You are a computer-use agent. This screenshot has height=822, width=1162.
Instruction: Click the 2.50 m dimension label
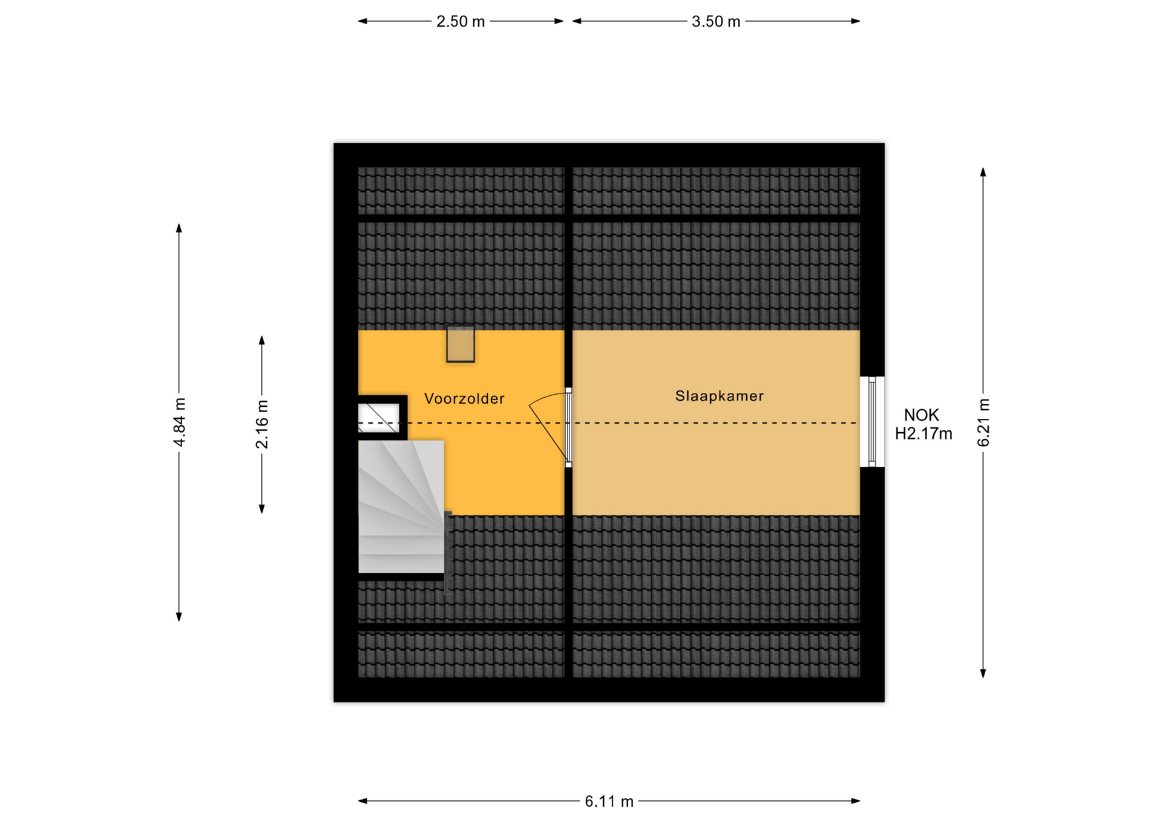coord(461,22)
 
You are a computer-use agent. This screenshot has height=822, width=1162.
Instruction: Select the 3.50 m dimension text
coord(716,22)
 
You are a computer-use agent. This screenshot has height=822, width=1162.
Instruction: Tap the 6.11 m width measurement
coord(609,801)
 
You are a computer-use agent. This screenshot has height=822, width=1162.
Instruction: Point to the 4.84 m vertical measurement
coord(179,423)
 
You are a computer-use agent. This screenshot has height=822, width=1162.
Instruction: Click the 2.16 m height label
coord(262,424)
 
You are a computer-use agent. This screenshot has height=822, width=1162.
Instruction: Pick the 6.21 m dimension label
coord(983,423)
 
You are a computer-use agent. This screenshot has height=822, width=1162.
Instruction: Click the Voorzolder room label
coord(464,398)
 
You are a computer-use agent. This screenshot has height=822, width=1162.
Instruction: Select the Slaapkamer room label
coord(720,396)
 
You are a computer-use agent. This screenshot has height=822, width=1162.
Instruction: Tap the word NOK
coord(921,415)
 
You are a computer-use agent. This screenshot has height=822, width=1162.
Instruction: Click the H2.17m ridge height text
coord(924,434)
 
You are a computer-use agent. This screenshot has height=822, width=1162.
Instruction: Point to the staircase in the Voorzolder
coord(401,507)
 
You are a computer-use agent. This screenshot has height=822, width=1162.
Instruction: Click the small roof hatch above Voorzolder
coord(461,344)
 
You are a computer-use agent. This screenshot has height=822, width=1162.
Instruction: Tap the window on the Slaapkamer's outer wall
coord(872,422)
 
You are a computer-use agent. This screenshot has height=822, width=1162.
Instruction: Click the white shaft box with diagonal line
coord(379,418)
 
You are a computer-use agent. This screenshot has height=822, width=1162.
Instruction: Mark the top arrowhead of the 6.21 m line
coord(983,171)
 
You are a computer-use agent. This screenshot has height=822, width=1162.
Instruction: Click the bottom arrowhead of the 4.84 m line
coord(179,617)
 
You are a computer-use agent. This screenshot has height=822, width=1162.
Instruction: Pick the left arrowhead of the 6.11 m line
coord(362,801)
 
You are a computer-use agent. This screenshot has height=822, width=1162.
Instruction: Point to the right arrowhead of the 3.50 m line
coord(856,21)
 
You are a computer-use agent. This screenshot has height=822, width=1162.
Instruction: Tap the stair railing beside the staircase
coord(448,553)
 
